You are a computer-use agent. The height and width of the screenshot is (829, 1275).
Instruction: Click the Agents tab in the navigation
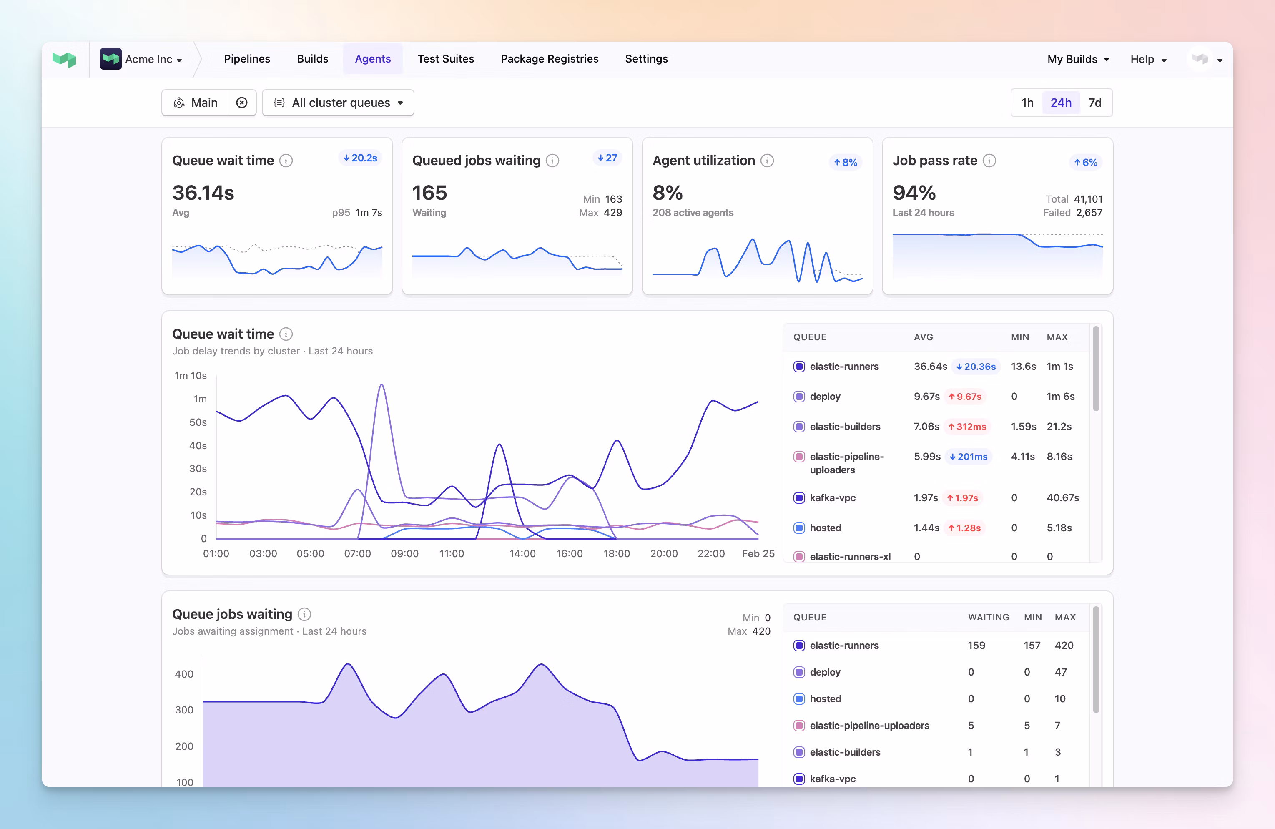coord(372,59)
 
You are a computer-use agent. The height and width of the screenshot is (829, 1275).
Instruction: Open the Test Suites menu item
coord(445,59)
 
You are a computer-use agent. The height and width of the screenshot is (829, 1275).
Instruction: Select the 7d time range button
coord(1094,102)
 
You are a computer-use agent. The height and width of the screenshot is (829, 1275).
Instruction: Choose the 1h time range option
coord(1027,102)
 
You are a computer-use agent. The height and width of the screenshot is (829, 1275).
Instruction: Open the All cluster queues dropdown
coord(338,102)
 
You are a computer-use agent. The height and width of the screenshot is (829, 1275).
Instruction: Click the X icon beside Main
coord(241,102)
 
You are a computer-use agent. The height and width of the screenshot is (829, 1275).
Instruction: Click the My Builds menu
coord(1077,59)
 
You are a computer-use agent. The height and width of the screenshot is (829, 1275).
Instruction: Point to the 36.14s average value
coord(203,193)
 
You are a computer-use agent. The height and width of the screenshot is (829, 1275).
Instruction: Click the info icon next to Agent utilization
coord(767,161)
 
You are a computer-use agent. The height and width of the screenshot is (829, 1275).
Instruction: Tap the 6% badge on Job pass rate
coord(1085,162)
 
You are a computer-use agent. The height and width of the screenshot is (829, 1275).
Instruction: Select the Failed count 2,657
coord(1089,213)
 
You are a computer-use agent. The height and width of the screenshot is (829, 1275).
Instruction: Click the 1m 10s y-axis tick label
coord(191,376)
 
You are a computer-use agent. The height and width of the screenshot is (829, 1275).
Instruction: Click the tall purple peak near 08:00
coord(381,386)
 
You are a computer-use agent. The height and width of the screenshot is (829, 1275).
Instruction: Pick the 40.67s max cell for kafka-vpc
coord(1062,498)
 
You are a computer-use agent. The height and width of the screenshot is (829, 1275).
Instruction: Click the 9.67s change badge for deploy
coord(965,397)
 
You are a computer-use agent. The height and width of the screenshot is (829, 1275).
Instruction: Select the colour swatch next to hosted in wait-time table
coord(799,528)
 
